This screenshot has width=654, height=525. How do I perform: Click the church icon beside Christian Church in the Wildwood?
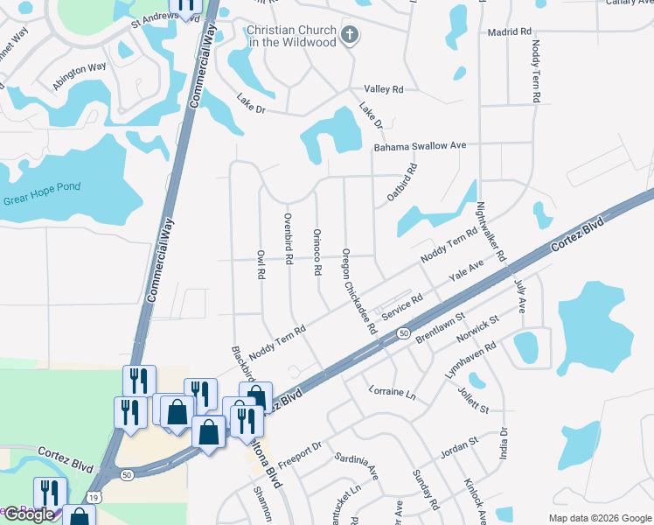tap(350, 36)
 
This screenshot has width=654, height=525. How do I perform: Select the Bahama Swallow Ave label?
tap(421, 146)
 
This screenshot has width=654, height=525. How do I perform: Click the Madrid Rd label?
tap(510, 31)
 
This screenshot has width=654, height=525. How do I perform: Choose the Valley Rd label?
tap(383, 89)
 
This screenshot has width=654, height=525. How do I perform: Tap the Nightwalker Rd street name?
tap(490, 232)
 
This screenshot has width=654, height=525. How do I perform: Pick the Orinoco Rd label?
tap(317, 252)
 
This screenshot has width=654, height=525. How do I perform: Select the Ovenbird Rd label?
tap(287, 237)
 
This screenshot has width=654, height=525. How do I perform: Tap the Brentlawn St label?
tap(442, 331)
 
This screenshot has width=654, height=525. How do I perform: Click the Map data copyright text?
tap(599, 518)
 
